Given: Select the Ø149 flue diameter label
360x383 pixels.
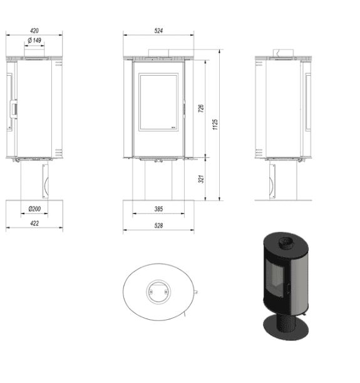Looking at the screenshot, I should click(x=35, y=41).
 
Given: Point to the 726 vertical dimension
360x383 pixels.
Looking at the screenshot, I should click(x=201, y=107).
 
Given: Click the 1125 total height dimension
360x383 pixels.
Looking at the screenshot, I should click(x=215, y=125).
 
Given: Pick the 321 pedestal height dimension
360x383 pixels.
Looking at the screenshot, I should click(x=201, y=179).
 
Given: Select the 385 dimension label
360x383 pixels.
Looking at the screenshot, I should click(x=158, y=209).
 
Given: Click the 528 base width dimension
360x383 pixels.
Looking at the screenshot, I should click(x=158, y=225).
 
